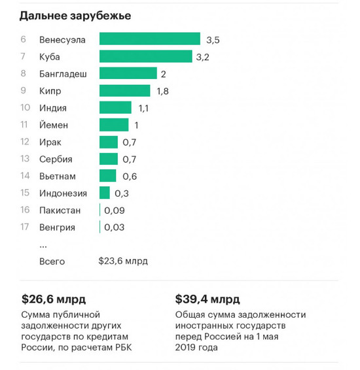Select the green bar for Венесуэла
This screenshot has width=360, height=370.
coord(149,39)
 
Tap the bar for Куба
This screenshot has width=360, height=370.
coord(145,56)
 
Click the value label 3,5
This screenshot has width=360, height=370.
coord(213,40)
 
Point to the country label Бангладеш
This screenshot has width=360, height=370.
coord(63,74)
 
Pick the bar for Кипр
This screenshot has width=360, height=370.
coord(124,91)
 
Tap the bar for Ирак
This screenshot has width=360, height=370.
coord(108,142)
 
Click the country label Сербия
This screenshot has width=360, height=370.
coord(56,159)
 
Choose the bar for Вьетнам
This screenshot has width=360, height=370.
coord(107,176)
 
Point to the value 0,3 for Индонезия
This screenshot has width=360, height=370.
coord(122,193)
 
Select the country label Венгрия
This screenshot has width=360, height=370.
coord(57,227)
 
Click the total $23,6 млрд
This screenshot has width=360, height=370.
coord(123,261)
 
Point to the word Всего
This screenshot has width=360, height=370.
coord(52,261)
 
